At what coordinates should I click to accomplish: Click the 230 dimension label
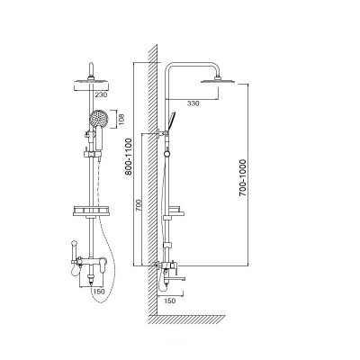pyautogui.click(x=101, y=95)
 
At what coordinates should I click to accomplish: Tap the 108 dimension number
pyautogui.click(x=121, y=119)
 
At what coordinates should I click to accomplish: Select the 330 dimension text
pyautogui.click(x=193, y=103)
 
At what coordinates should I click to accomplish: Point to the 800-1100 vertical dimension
pyautogui.click(x=129, y=157)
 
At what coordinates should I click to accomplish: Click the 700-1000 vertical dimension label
pyautogui.click(x=242, y=178)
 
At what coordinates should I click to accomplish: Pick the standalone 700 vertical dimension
pyautogui.click(x=139, y=205)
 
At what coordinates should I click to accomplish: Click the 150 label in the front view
pyautogui.click(x=99, y=292)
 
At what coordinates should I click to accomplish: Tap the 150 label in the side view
pyautogui.click(x=170, y=301)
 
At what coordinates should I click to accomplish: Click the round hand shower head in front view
pyautogui.click(x=98, y=119)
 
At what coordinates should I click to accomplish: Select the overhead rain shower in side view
pyautogui.click(x=218, y=80)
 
